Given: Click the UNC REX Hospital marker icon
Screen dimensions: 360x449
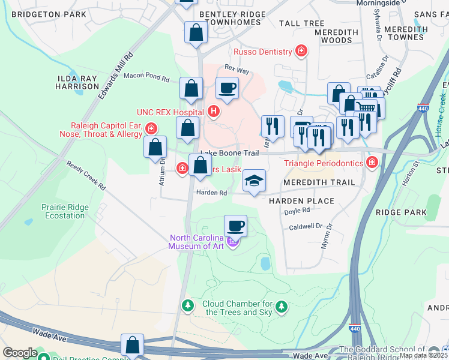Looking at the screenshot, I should click(213, 112).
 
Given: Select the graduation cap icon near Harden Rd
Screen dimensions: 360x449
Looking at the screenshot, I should click(255, 181).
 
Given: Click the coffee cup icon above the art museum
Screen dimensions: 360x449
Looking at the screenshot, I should click(235, 226).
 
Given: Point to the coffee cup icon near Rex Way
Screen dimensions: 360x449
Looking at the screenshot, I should click(227, 88).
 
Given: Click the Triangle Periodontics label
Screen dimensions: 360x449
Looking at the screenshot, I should click(324, 163).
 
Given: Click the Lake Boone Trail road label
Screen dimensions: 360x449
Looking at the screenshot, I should click(229, 154).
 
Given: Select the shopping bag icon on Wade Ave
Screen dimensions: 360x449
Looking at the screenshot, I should click(133, 346).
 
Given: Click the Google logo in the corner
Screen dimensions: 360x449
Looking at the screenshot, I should click(20, 353).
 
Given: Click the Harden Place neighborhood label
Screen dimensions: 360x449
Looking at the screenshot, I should click(301, 201).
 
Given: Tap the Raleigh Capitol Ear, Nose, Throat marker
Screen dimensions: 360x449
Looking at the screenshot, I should click(151, 128).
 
